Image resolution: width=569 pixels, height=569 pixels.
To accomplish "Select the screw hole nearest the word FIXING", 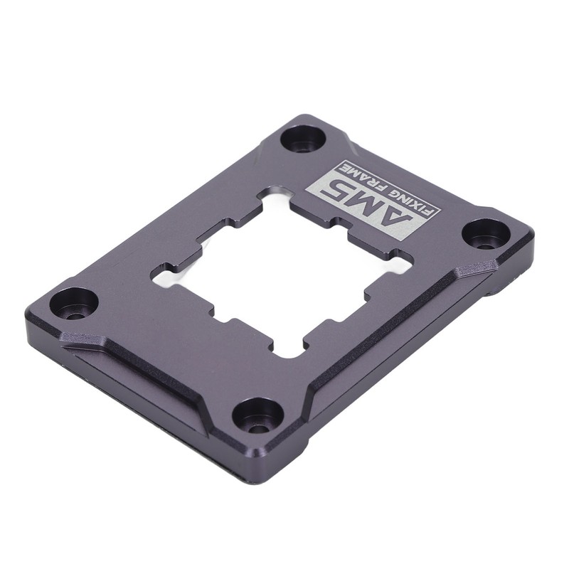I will [486, 234].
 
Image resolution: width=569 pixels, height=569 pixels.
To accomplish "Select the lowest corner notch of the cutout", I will [284, 349].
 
